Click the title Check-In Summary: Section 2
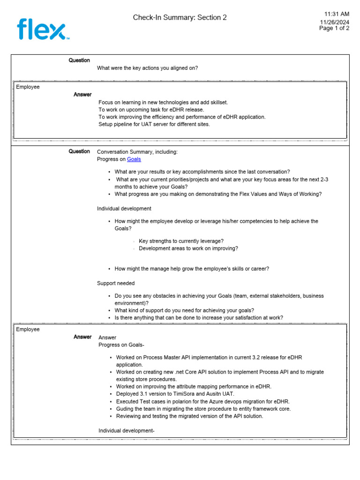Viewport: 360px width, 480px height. tap(180, 17)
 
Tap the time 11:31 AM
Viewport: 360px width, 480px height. tap(337, 14)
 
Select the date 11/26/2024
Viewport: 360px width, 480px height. tap(335, 22)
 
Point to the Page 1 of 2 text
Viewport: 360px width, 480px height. tap(334, 28)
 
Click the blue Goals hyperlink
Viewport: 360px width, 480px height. tap(134, 159)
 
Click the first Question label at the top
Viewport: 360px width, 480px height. tap(79, 60)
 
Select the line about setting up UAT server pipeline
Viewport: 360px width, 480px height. tap(154, 124)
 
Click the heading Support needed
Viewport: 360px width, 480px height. tap(116, 283)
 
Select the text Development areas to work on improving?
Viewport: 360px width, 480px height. tap(188, 248)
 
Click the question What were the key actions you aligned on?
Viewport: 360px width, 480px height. tap(147, 68)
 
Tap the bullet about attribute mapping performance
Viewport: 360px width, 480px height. tap(194, 387)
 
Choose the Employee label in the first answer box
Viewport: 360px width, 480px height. tap(28, 87)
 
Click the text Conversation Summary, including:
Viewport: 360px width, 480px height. tap(137, 152)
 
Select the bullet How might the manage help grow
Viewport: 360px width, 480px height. tap(192, 269)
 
